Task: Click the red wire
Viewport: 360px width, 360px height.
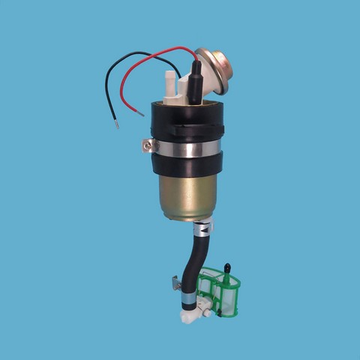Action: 161,54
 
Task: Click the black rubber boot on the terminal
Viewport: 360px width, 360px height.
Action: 193,82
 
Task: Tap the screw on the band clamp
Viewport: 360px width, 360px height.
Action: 145,145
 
